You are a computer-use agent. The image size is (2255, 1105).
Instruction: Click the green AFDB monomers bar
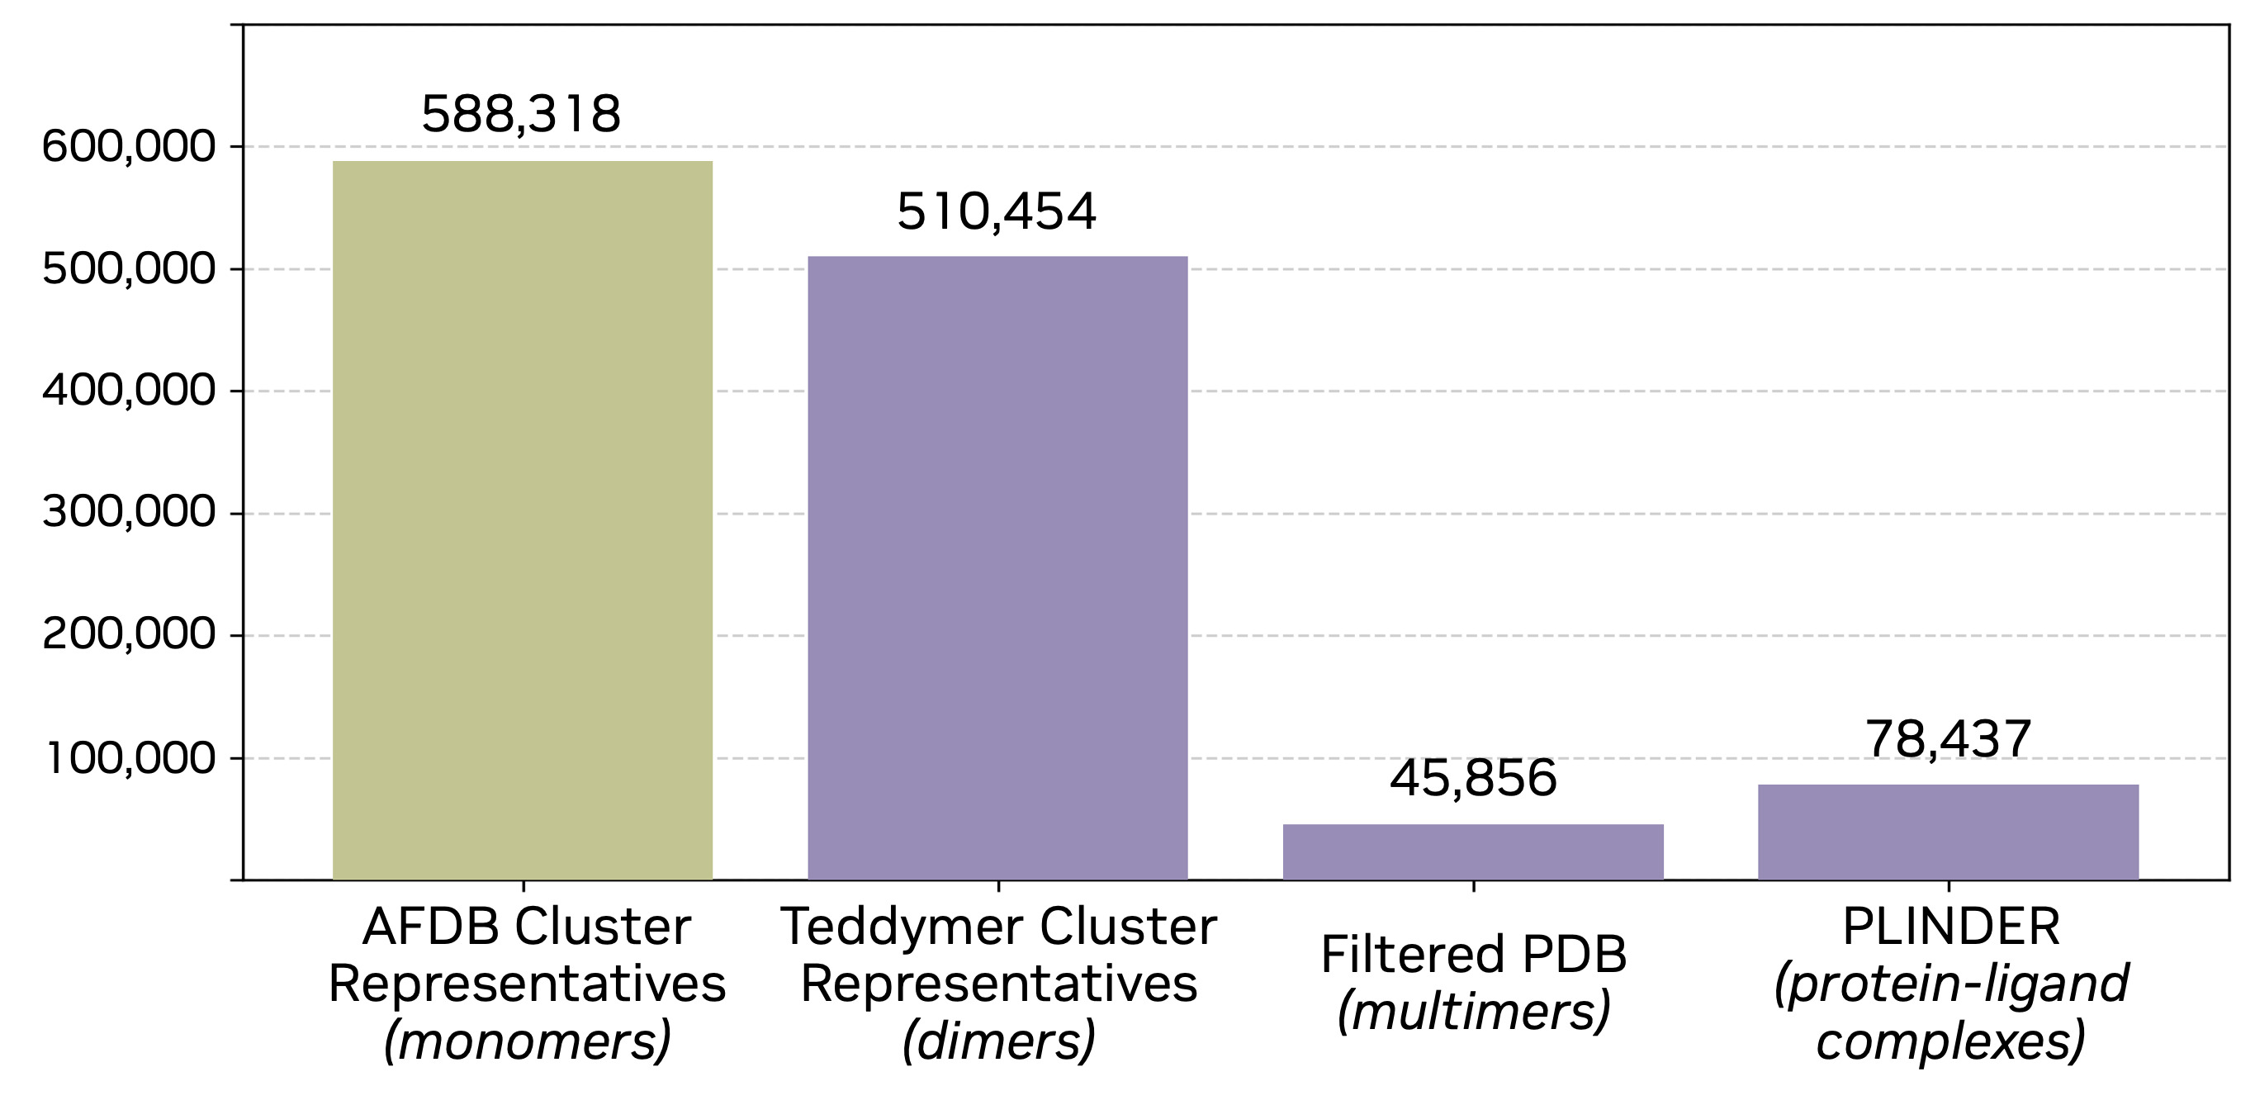pos(523,520)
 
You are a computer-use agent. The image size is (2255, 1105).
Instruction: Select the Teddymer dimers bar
pos(997,567)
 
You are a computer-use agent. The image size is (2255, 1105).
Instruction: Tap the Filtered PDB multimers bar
pos(1472,851)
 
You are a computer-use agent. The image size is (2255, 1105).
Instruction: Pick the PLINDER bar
pos(1948,831)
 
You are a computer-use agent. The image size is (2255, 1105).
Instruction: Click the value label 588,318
pos(521,114)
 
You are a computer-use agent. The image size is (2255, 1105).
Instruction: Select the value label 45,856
pos(1473,779)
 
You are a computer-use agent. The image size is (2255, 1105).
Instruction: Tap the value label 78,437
pos(1948,740)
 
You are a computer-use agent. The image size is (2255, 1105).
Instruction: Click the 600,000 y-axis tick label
pos(128,147)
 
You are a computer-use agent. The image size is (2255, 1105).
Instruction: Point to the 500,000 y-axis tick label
pos(128,270)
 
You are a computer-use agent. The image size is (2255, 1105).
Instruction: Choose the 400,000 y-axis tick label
pos(128,391)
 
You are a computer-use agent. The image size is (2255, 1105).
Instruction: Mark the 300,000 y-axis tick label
pos(128,513)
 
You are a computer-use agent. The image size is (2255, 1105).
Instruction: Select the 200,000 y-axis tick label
pos(128,635)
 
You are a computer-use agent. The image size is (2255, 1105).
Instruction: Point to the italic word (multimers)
pos(1473,1013)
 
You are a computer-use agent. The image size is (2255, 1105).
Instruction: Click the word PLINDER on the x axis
pos(1951,927)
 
